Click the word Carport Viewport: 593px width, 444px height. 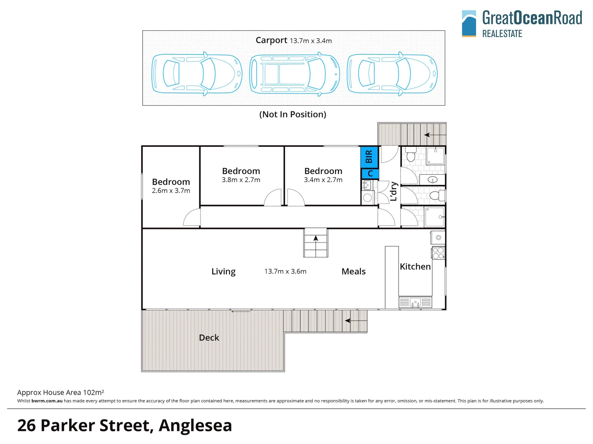point(271,40)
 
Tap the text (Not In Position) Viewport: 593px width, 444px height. point(292,114)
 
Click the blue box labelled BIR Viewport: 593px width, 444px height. point(369,157)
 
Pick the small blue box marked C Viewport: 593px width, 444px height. point(370,173)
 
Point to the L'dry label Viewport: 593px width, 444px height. point(394,192)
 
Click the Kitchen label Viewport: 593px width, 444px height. point(415,266)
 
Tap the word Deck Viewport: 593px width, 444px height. point(209,338)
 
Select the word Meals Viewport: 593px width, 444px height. point(353,271)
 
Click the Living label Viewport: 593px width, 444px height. point(223,271)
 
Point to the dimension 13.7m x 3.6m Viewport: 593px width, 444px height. point(285,271)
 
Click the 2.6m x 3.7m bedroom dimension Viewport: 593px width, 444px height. point(171,191)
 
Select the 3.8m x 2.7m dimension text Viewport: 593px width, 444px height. point(241,180)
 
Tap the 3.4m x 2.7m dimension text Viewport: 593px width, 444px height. point(323,180)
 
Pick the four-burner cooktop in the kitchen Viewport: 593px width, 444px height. point(438,253)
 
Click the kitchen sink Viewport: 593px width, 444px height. point(415,303)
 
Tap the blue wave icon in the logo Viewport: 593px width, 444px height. point(469,23)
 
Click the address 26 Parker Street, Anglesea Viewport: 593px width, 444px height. point(124,425)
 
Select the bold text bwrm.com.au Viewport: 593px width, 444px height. point(47,401)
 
